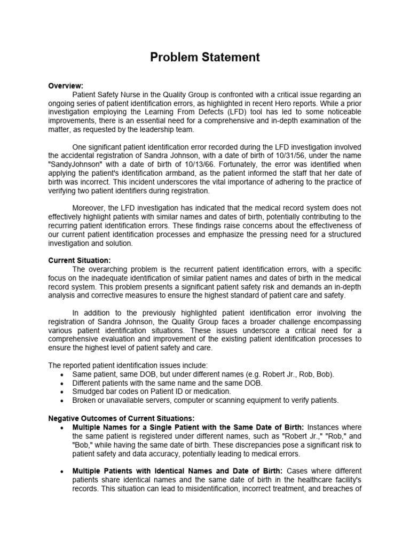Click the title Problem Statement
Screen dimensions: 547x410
click(x=205, y=57)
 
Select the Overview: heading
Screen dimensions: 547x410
click(x=66, y=85)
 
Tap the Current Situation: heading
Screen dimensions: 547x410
click(x=80, y=260)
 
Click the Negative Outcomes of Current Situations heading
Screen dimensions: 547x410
click(x=121, y=418)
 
